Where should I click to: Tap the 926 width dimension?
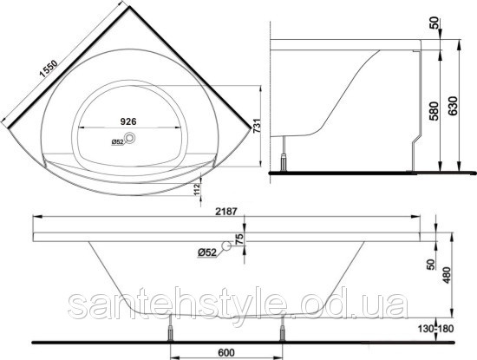pos(128,121)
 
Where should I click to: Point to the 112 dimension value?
pos(197,189)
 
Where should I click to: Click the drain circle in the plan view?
pos(131,138)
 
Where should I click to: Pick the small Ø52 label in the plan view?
pos(117,141)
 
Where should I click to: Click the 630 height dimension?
pos(453,106)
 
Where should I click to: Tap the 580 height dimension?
pos(435,111)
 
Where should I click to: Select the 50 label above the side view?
pos(435,23)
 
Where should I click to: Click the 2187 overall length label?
pos(225,211)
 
